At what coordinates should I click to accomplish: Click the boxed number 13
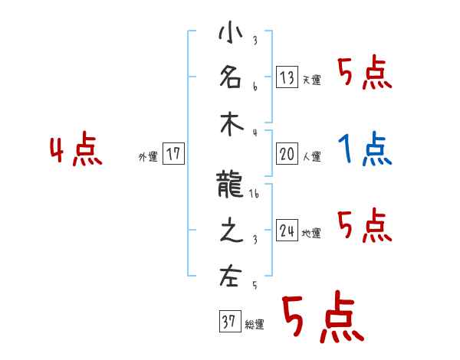point(287,77)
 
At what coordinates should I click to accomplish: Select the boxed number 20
point(287,154)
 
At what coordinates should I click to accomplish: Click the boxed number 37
point(228,322)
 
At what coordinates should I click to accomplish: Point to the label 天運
point(312,80)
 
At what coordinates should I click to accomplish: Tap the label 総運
point(255,325)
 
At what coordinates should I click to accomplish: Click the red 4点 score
point(76,150)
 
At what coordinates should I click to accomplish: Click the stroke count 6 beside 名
point(255,87)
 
